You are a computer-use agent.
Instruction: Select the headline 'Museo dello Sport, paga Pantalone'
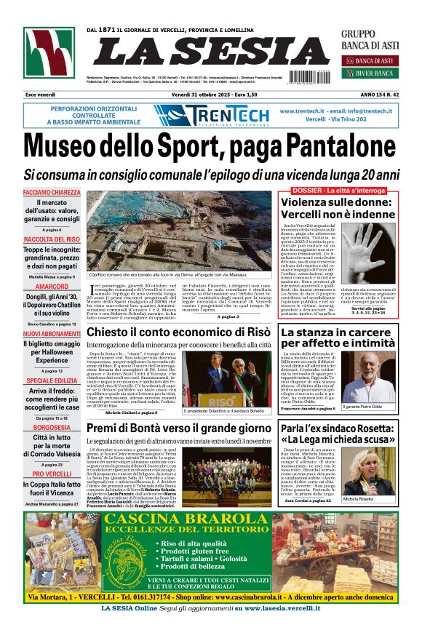tap(211, 146)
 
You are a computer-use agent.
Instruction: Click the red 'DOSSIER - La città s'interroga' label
tap(338, 190)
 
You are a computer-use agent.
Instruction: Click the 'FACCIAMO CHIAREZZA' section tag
tap(51, 193)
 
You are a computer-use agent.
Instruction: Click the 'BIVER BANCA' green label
tap(375, 73)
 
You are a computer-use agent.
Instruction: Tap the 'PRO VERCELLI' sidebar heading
tap(52, 474)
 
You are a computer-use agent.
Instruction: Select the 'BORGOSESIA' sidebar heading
tap(52, 427)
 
